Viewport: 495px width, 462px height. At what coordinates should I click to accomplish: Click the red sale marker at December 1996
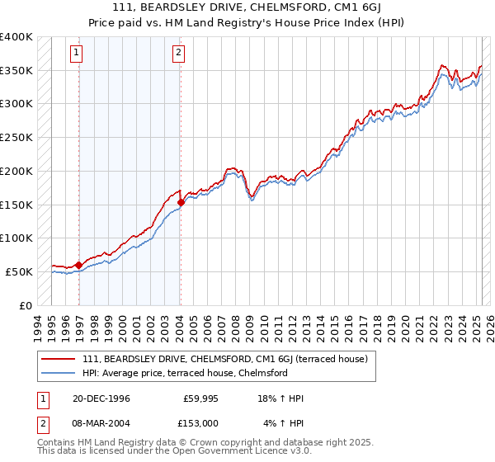(79, 265)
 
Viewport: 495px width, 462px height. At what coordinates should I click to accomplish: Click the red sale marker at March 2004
(181, 202)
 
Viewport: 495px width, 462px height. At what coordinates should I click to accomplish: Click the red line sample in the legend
(59, 360)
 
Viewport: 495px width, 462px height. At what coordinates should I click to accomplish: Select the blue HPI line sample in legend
(59, 373)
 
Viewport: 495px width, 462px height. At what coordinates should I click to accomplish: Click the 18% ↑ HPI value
(280, 398)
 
